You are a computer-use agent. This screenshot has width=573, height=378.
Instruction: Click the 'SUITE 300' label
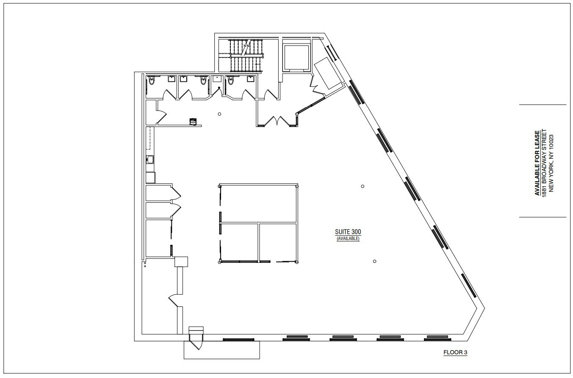(x=348, y=232)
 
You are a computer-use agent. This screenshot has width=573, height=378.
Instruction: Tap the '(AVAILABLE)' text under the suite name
(x=348, y=239)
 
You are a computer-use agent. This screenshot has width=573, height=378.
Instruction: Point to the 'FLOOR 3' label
(x=455, y=353)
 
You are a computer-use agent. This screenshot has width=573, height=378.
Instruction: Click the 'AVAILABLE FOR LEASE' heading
(x=537, y=163)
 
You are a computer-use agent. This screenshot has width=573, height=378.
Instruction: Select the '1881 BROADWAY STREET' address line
(x=544, y=163)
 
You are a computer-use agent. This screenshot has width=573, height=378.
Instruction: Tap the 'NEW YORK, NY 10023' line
(x=551, y=163)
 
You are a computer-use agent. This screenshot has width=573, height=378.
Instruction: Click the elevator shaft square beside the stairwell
(x=296, y=58)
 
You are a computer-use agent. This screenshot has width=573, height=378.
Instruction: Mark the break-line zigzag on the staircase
(x=246, y=47)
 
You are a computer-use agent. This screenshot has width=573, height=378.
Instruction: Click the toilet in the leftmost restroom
(x=152, y=80)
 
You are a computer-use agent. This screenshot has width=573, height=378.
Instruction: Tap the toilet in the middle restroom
(x=203, y=80)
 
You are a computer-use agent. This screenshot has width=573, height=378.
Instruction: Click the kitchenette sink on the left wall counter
(x=150, y=160)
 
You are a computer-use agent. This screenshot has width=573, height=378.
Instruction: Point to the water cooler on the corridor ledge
(x=193, y=121)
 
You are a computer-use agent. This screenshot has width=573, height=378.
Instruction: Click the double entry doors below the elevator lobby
(x=277, y=121)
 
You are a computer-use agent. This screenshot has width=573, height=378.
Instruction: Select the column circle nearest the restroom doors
(x=219, y=114)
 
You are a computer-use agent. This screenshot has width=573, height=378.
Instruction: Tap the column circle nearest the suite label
(x=363, y=186)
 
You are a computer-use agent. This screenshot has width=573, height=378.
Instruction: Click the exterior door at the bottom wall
(x=196, y=342)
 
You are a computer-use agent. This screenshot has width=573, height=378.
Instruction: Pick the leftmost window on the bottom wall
(x=238, y=339)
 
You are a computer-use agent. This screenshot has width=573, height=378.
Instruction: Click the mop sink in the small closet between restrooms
(x=217, y=78)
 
